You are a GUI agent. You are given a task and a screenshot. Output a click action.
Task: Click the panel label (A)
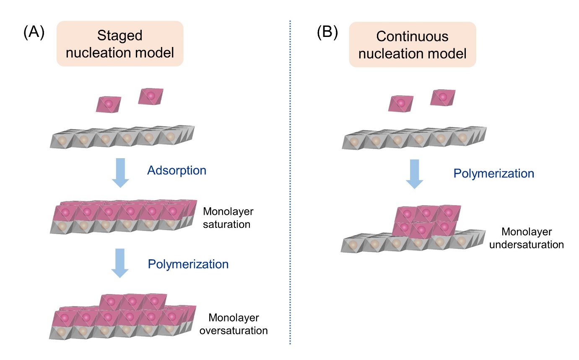(34, 32)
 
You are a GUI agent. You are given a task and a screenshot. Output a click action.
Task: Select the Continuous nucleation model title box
(413, 44)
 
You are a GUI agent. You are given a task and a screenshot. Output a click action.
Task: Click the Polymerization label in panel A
(188, 264)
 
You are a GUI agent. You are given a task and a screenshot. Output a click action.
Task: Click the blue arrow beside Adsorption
(120, 172)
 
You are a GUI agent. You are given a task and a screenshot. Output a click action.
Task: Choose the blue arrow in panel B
(414, 173)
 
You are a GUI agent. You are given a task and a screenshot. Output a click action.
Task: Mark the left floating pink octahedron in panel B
(401, 104)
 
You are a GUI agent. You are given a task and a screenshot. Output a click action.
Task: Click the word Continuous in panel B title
(413, 37)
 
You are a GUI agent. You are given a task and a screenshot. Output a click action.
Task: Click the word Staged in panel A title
(120, 36)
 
